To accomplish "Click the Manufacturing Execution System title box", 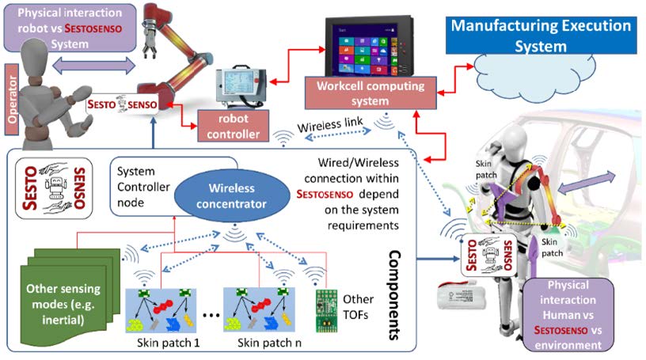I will tap(541, 35).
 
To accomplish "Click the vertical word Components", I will tap(390, 292).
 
